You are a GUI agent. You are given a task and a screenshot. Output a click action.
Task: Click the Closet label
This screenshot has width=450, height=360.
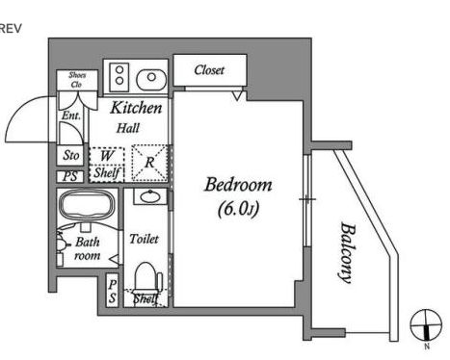point(210,70)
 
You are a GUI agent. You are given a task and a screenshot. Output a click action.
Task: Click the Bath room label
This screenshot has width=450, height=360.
point(88,250)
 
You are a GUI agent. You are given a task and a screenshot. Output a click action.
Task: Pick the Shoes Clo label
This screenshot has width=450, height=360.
point(76,80)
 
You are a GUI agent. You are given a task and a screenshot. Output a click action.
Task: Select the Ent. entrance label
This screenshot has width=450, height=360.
point(71,116)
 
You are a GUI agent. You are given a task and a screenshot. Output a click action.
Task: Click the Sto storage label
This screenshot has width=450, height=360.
point(70,155)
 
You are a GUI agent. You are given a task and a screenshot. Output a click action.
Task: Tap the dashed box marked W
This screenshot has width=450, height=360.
point(105,154)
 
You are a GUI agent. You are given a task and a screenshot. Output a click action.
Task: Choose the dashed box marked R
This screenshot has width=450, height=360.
point(148,163)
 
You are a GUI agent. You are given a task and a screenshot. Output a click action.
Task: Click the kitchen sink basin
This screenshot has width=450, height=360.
point(151,77)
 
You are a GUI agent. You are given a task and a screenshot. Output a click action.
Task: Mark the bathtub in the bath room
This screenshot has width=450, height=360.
point(87,205)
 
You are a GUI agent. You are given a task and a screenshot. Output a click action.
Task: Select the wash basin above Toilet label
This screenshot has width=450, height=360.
point(146,197)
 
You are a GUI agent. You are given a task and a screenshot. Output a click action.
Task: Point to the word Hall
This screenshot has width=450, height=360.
point(128,127)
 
